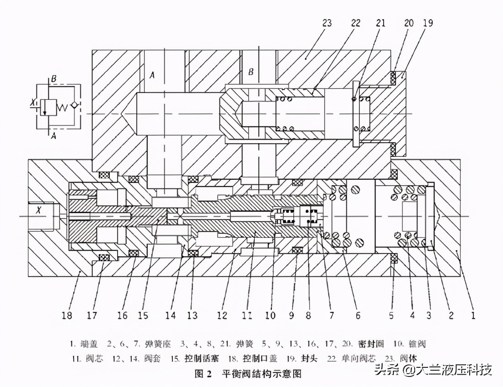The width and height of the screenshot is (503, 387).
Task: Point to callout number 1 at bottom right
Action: tap(473, 315)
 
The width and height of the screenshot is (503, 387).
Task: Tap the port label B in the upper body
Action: tap(251, 72)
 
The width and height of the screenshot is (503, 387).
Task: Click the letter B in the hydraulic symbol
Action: tap(54, 79)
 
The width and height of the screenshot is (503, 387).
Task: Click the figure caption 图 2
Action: tap(203, 374)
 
